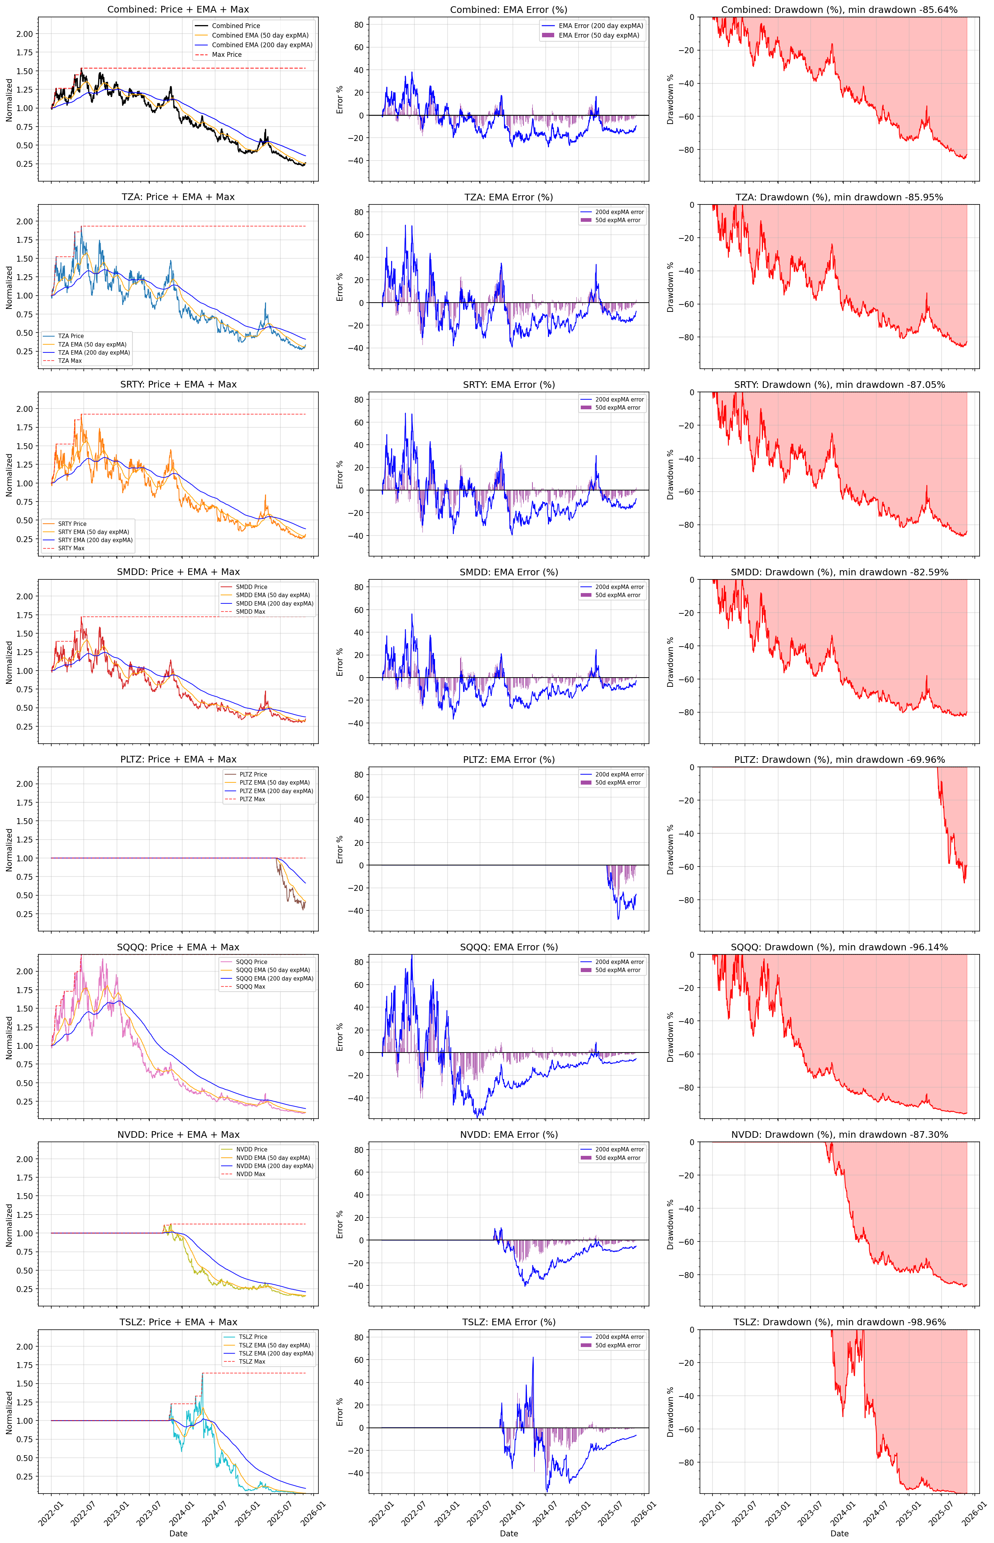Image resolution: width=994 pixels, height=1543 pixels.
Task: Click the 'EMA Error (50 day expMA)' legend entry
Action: tap(598, 35)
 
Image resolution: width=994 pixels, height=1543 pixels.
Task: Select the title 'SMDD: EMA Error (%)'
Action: tap(508, 572)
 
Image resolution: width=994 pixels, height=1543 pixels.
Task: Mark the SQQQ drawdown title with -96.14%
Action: tap(839, 947)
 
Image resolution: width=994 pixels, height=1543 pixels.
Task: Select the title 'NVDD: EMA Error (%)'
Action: tap(508, 1134)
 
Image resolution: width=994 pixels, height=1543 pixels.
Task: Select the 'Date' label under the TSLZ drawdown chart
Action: tap(839, 1533)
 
